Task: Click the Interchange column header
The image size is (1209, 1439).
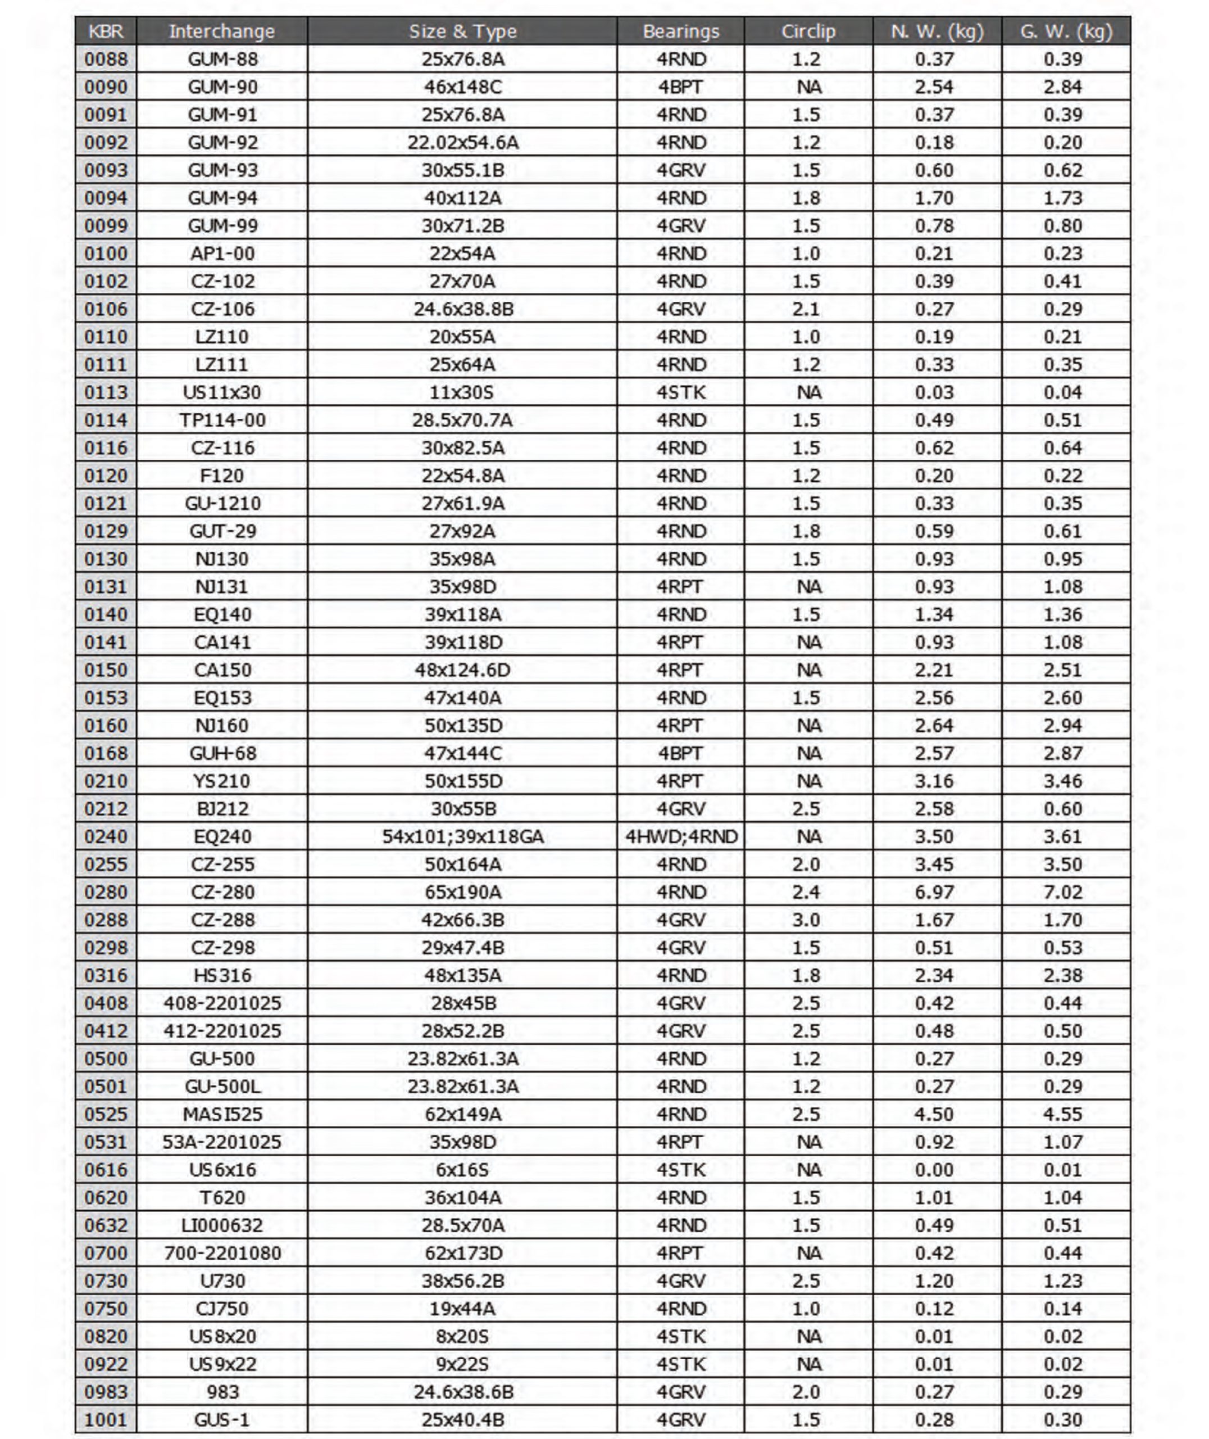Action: point(221,31)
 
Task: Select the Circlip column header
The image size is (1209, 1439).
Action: point(808,31)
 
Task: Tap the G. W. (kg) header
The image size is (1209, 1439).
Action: point(1066,31)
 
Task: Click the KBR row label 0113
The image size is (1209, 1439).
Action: point(106,392)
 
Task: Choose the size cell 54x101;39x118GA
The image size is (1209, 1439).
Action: point(462,836)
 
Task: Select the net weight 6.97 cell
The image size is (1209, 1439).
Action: point(934,892)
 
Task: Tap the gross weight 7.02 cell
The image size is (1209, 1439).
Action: point(1062,892)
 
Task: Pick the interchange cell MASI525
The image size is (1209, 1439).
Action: point(222,1114)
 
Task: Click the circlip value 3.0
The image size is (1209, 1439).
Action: point(806,920)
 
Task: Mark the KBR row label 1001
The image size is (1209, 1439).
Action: point(106,1419)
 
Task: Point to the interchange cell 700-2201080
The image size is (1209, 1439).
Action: point(222,1253)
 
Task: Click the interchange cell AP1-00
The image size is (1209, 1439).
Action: point(222,254)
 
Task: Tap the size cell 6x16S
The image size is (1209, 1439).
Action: point(462,1170)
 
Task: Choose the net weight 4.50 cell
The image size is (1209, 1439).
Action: point(934,1114)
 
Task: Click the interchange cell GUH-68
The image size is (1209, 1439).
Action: point(222,753)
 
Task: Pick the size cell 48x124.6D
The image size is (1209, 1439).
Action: point(462,670)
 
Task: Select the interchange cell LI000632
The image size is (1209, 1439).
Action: point(222,1225)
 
